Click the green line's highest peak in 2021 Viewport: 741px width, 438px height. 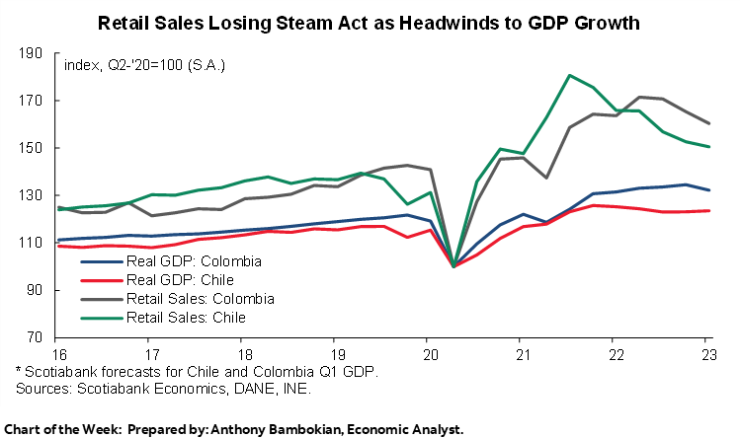tap(570, 75)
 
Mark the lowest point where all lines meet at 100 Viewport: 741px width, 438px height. tap(453, 266)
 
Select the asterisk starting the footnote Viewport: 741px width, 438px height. tap(19, 371)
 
